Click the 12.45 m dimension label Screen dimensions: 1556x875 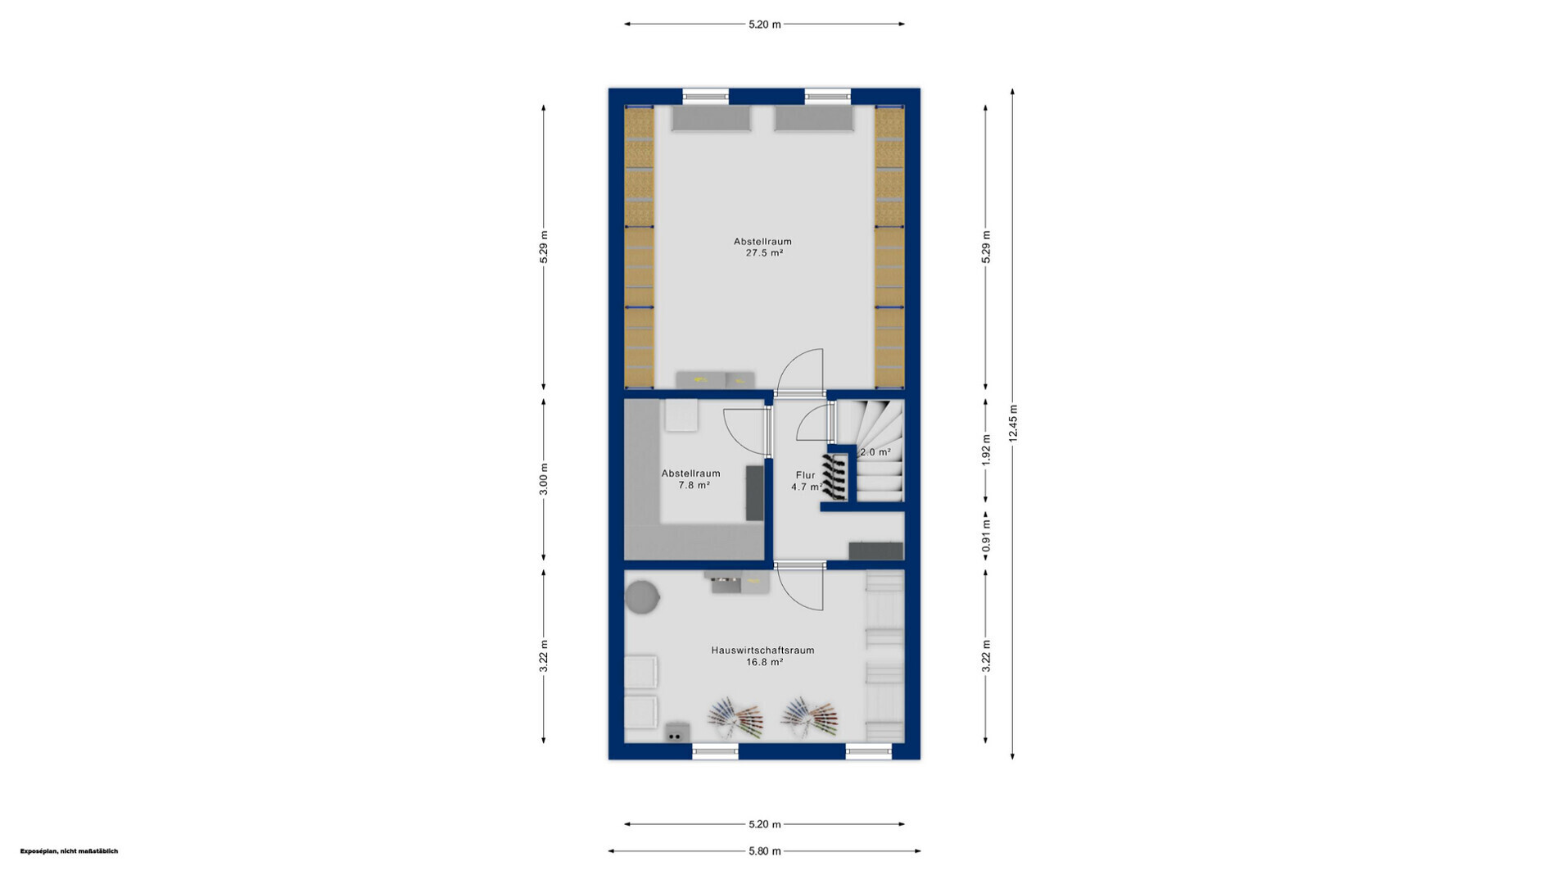pyautogui.click(x=1013, y=424)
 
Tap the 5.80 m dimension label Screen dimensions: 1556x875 pyautogui.click(x=765, y=851)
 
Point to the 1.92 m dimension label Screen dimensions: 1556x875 pyautogui.click(x=986, y=451)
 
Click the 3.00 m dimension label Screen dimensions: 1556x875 pyautogui.click(x=544, y=479)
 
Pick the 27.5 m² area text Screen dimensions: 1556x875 pyautogui.click(x=764, y=253)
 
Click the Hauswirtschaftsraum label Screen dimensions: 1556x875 pyautogui.click(x=762, y=651)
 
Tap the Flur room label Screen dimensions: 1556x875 pyautogui.click(x=806, y=475)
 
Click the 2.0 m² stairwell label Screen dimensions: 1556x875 pyautogui.click(x=875, y=452)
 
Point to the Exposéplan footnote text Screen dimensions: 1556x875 pyautogui.click(x=69, y=851)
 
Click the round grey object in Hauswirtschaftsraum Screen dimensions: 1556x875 pyautogui.click(x=642, y=596)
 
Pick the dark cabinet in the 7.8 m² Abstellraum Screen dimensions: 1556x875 pyautogui.click(x=754, y=492)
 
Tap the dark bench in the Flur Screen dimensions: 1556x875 pyautogui.click(x=875, y=551)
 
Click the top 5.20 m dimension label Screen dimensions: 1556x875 pyautogui.click(x=765, y=25)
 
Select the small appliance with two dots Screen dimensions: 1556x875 pyautogui.click(x=676, y=732)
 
